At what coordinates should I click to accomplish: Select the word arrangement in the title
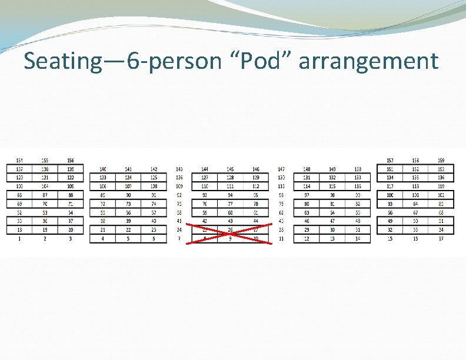(368, 61)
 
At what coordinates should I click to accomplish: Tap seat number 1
(21, 238)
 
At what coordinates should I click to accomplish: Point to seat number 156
(71, 161)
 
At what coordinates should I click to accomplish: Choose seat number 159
(441, 161)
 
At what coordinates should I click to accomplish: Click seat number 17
(441, 238)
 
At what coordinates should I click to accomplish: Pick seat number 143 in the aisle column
(179, 169)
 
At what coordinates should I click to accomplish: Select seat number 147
(281, 169)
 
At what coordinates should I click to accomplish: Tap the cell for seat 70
(45, 204)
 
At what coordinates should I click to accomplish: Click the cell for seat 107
(128, 186)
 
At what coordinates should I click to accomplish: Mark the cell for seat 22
(128, 230)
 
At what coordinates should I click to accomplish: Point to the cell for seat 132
(332, 178)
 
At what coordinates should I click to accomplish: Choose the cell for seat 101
(415, 195)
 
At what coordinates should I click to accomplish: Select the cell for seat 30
(332, 230)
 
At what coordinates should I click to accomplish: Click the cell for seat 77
(230, 204)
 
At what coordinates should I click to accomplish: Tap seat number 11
(281, 238)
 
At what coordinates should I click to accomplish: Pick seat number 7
(179, 238)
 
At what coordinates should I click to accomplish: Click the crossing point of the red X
(230, 233)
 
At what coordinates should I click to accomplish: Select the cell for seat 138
(45, 169)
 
